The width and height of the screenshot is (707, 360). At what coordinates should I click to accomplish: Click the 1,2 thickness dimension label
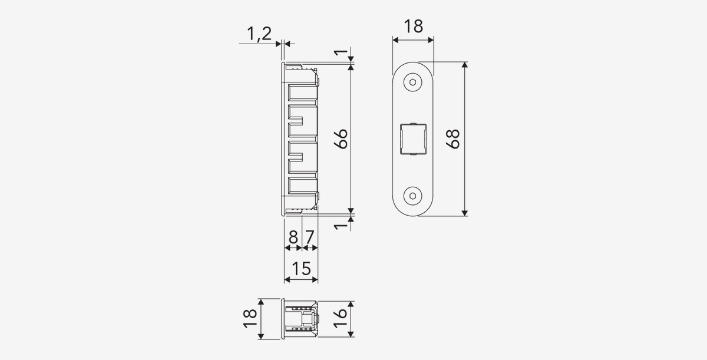(259, 34)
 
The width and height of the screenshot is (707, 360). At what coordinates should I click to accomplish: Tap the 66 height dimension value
(341, 139)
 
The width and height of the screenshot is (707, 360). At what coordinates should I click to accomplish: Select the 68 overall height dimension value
(453, 139)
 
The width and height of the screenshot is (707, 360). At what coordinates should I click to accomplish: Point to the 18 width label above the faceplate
(413, 26)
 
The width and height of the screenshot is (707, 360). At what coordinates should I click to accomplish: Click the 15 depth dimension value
(302, 269)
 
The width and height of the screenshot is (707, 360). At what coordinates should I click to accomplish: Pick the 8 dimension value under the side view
(293, 237)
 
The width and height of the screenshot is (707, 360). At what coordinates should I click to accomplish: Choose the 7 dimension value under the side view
(310, 237)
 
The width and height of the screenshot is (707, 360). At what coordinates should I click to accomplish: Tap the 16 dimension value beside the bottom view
(341, 318)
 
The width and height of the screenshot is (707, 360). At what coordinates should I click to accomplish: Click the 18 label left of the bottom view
(250, 318)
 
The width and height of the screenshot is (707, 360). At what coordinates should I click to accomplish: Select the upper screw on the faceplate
(413, 82)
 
